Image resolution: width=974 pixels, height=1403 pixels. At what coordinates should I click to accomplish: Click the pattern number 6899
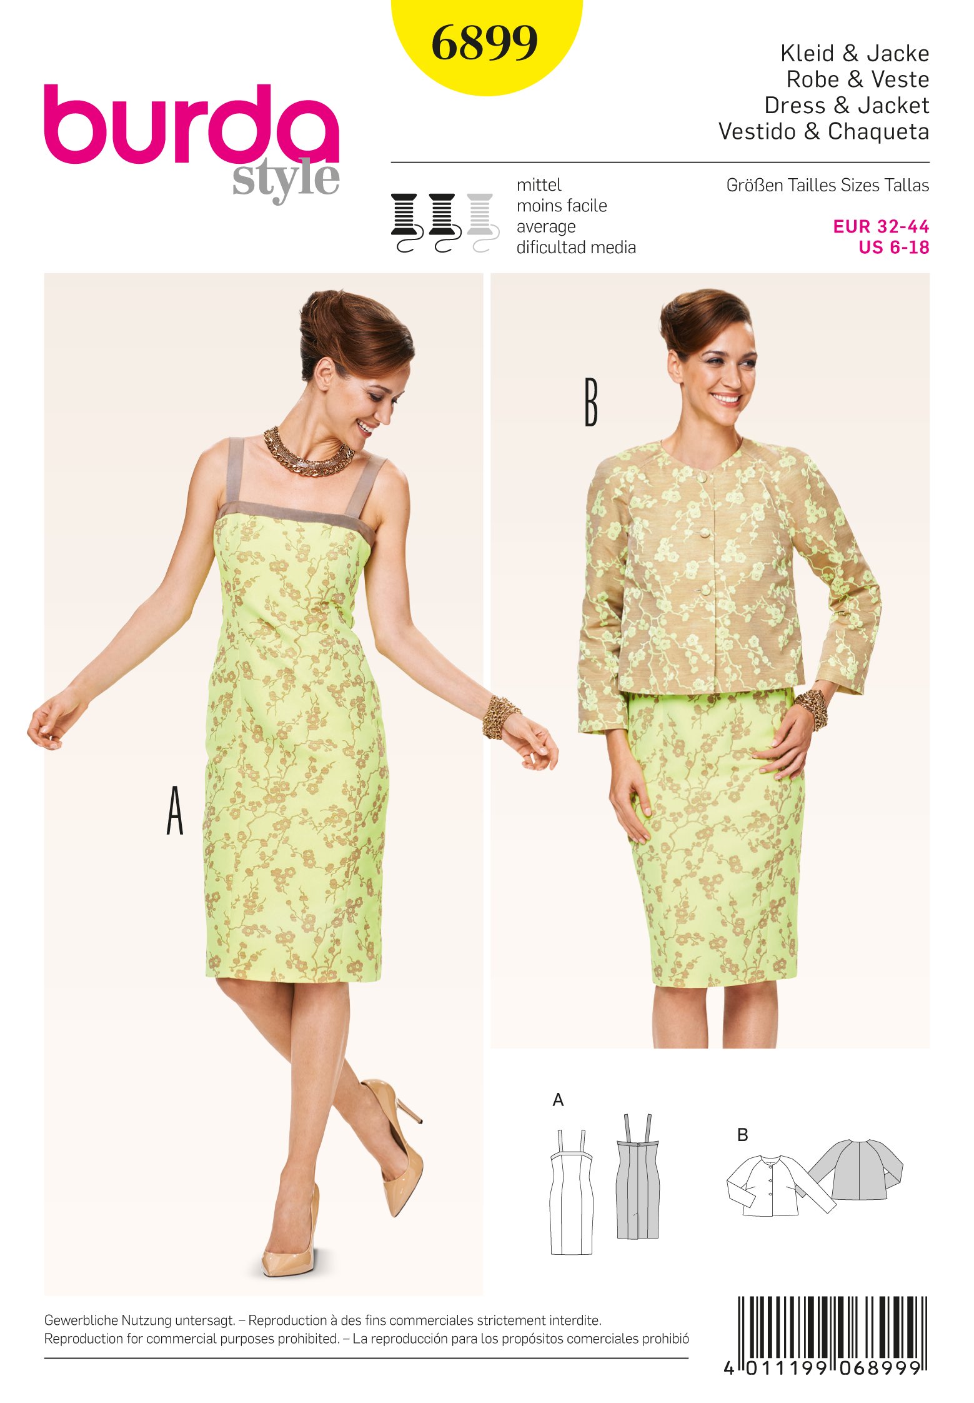click(484, 43)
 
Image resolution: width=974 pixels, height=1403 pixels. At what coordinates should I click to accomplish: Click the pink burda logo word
click(191, 124)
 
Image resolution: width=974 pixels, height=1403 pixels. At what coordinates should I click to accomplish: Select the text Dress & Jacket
click(847, 105)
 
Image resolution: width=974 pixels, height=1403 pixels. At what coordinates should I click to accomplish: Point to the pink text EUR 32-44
click(880, 226)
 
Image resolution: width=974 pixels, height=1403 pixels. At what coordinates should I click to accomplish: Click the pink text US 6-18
click(893, 248)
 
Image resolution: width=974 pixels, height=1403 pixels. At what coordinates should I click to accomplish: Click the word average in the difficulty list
click(545, 226)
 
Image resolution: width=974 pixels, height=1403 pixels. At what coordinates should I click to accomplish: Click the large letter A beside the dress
click(175, 811)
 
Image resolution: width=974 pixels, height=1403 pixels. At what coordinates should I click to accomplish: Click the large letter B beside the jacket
click(590, 403)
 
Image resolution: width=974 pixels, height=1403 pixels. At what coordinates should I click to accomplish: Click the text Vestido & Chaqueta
click(823, 131)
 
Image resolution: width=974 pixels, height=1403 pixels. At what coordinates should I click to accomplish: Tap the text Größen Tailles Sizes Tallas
click(827, 186)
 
